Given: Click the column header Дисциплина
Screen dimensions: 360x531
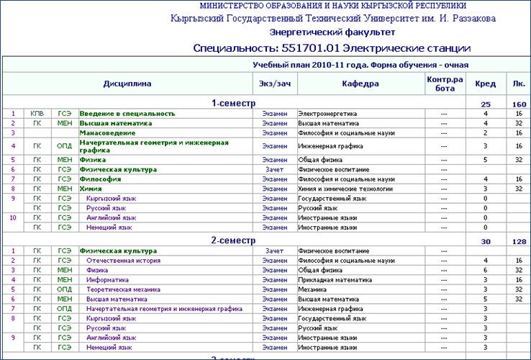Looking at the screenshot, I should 127,84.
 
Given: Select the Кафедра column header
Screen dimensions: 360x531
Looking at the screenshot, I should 360,84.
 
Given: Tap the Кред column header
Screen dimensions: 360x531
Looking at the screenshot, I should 486,84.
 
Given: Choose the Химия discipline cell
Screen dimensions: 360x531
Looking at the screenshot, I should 90,189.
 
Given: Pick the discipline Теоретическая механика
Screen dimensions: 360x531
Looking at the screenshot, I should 119,289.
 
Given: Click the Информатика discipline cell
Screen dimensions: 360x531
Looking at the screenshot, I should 107,279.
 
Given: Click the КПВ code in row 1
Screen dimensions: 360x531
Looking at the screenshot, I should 37,114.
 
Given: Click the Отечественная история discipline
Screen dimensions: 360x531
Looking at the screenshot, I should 118,261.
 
